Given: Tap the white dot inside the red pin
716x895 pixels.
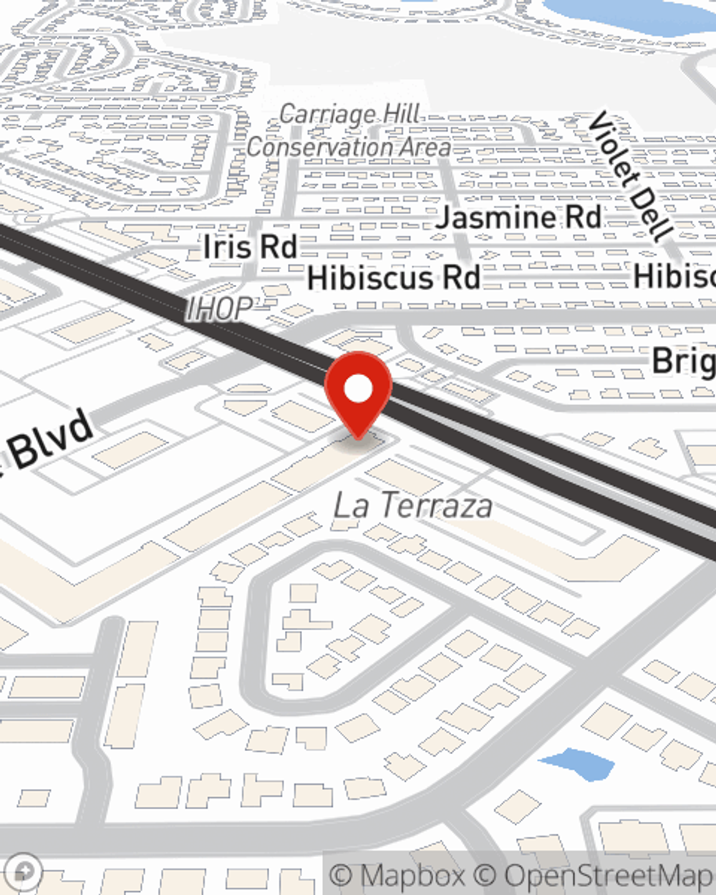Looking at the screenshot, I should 358,390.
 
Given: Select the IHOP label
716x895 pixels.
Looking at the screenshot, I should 219,309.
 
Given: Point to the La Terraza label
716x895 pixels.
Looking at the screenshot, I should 413,505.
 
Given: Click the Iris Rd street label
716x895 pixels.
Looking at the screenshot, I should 250,247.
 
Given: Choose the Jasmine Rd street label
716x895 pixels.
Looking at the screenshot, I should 518,217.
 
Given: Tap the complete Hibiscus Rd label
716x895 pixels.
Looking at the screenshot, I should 393,278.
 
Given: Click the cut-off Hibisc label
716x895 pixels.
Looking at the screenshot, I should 674,276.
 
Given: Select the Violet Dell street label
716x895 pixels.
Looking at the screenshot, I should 630,176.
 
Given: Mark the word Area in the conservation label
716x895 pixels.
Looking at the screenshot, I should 425,147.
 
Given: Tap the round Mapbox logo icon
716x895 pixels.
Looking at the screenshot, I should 24,871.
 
